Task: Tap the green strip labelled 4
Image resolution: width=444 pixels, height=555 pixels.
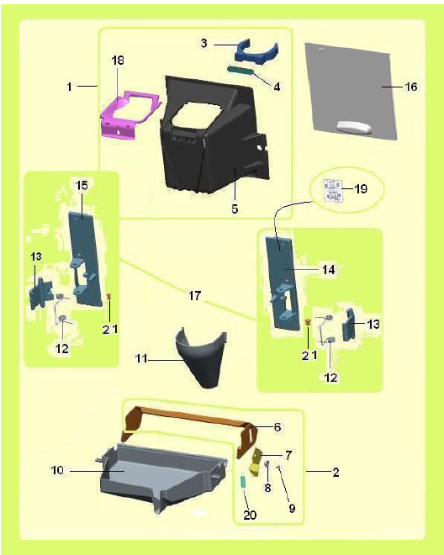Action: point(241,70)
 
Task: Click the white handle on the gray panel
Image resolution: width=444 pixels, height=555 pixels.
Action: point(353,127)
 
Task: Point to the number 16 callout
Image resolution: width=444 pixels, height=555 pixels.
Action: point(411,87)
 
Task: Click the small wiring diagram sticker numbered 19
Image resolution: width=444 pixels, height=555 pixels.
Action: point(333,190)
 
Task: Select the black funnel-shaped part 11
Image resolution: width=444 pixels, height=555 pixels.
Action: point(201,357)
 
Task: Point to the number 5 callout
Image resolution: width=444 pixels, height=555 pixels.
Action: point(235,209)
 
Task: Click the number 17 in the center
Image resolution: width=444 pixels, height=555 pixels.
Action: point(194,295)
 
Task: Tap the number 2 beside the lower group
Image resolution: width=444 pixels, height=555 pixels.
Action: point(336,472)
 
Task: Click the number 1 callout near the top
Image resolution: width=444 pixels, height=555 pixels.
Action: point(70,87)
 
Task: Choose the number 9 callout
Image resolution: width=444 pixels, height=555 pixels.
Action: point(292,508)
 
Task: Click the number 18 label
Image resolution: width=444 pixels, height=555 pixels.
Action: point(118,61)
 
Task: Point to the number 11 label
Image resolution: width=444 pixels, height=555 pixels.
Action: point(141,358)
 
